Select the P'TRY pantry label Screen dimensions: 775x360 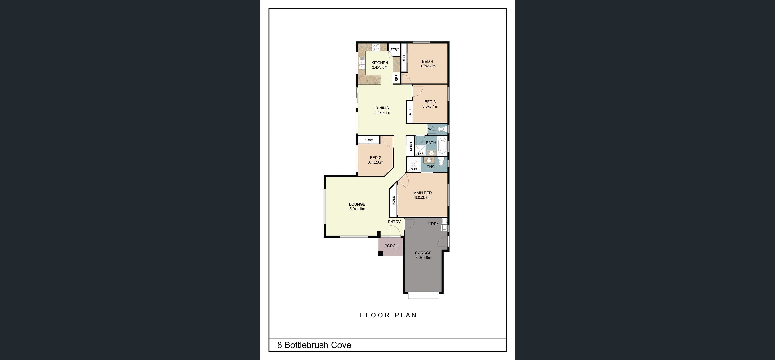pos(394,49)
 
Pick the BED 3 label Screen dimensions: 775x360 pos(430,102)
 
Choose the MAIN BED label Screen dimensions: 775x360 pos(422,193)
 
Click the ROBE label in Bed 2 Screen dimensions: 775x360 pos(368,140)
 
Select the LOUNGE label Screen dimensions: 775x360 pos(357,204)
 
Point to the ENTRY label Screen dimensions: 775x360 pos(394,222)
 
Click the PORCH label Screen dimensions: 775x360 pos(391,246)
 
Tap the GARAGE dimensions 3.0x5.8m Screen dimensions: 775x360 pos(423,258)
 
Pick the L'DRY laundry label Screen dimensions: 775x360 pos(433,224)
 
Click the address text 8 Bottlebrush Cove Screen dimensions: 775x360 pos(314,345)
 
